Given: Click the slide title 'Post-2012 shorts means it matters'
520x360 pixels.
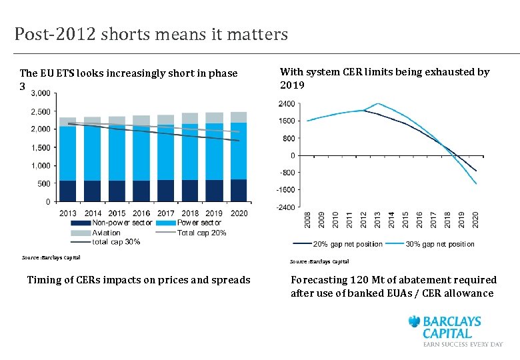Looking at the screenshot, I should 151,34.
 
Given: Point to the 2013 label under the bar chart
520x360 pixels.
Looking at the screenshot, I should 68,213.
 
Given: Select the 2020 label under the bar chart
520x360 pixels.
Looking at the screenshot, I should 239,213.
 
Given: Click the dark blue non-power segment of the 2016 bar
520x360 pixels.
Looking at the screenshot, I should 141,191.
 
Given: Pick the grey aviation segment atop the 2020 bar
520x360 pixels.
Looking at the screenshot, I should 239,117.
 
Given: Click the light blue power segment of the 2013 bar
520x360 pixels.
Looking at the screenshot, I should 68,153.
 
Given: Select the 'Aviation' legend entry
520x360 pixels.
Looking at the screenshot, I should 106,233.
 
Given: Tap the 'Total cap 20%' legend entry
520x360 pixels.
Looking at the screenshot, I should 201,233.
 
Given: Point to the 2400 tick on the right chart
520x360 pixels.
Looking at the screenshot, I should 287,105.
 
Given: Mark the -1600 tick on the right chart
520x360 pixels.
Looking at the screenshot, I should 285,190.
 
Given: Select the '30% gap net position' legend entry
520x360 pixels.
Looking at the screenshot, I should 440,244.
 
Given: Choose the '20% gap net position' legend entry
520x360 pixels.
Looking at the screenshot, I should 347,244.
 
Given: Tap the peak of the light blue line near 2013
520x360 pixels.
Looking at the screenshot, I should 378,103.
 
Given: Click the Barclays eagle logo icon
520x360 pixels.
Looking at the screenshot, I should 417,323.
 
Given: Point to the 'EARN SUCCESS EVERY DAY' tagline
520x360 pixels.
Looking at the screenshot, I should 463,344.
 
